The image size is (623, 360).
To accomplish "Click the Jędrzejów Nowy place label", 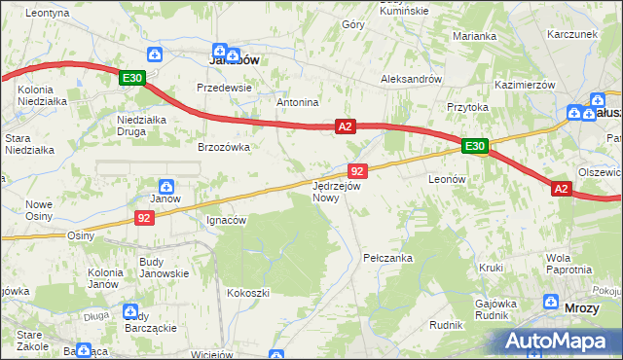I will click(337, 191).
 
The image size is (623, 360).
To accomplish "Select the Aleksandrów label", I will click(412, 79).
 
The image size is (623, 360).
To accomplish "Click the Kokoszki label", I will click(247, 292).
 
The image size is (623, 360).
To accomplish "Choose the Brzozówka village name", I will click(224, 147).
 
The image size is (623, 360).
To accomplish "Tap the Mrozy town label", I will click(582, 307).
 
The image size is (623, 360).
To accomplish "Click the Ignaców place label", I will click(227, 220).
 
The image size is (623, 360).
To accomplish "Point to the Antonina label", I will click(298, 102).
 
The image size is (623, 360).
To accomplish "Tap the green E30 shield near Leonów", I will click(474, 146).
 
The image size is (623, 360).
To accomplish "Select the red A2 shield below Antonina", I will click(346, 126).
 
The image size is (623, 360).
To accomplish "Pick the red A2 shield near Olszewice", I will click(562, 190).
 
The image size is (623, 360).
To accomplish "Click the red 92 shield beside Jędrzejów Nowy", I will click(355, 170).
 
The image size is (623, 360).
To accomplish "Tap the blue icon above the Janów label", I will click(166, 185).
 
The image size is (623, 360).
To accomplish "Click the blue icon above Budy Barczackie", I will click(131, 310).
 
